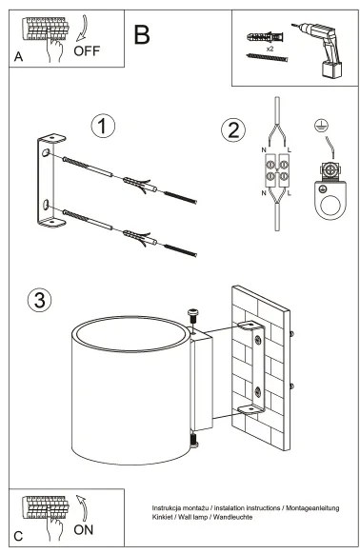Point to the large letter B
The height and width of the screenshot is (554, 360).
[142, 37]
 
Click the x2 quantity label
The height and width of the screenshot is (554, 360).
[271, 48]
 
